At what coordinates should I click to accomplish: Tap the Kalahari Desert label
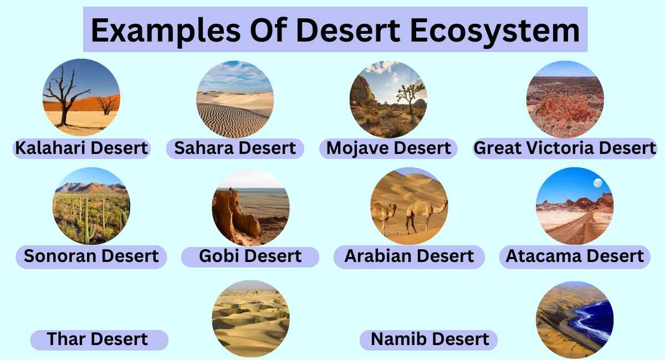pos(81,148)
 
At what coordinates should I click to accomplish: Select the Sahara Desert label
pos(235,148)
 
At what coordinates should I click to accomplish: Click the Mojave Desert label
pos(388,148)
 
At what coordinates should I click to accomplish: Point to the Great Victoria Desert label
pos(565,148)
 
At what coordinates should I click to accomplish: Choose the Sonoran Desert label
pos(91,256)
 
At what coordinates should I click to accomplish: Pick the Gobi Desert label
pos(250,256)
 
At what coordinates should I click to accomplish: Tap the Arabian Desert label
pos(409,256)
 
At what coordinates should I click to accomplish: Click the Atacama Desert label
pos(575,256)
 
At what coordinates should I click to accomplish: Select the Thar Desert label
pos(98,339)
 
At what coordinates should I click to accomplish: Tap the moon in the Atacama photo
pos(597,183)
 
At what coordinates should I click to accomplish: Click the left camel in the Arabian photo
pos(383,214)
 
